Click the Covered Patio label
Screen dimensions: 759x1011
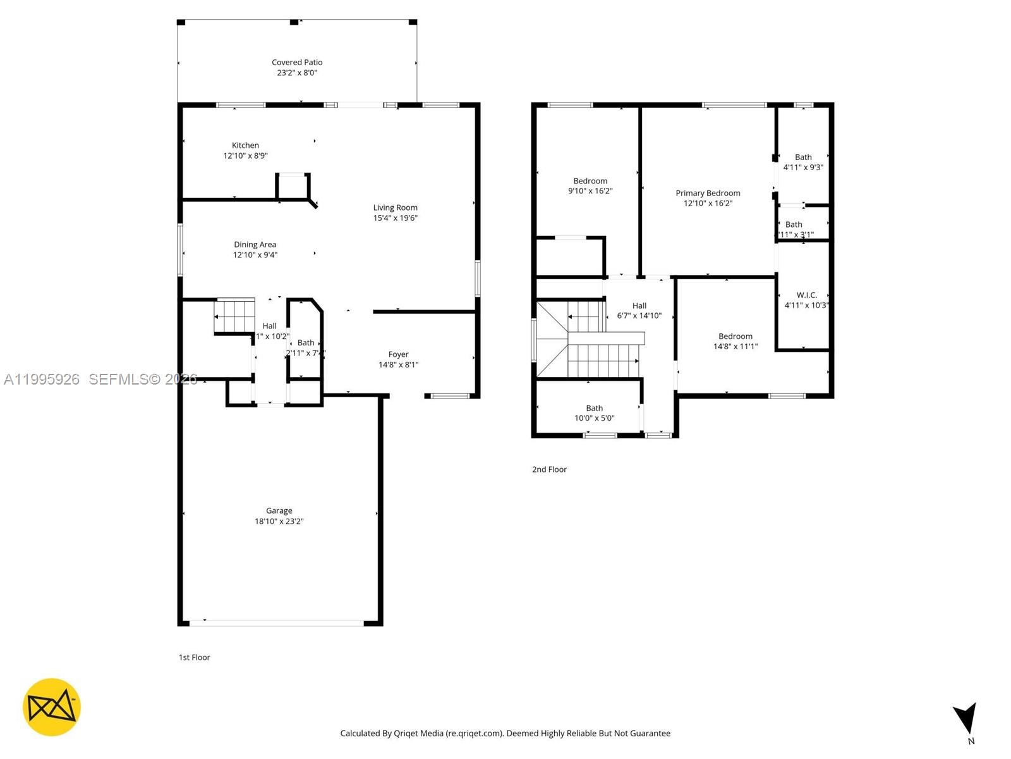tap(297, 62)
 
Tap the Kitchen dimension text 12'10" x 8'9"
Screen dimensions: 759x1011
tap(245, 156)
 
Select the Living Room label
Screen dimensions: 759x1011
tap(395, 207)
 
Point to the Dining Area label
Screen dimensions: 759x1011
tap(255, 245)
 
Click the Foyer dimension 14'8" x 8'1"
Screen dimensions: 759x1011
tap(398, 365)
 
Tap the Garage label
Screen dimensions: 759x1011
tap(279, 510)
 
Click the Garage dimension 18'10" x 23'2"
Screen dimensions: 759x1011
tap(279, 521)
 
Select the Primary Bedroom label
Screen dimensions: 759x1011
tap(708, 193)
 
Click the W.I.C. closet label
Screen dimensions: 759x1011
tap(806, 295)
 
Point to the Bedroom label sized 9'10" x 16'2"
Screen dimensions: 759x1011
tap(590, 181)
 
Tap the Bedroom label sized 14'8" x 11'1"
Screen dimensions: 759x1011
tap(735, 336)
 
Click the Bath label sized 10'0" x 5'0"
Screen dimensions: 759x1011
tap(594, 408)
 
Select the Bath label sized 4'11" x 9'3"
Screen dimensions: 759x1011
tap(803, 157)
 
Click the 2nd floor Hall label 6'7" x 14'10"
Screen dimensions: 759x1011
tap(639, 305)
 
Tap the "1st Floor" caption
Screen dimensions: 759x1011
tap(194, 657)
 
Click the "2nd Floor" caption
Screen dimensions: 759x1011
tap(549, 469)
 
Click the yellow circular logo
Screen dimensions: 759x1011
tap(52, 707)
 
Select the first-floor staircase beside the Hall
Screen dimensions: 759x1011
tap(234, 314)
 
